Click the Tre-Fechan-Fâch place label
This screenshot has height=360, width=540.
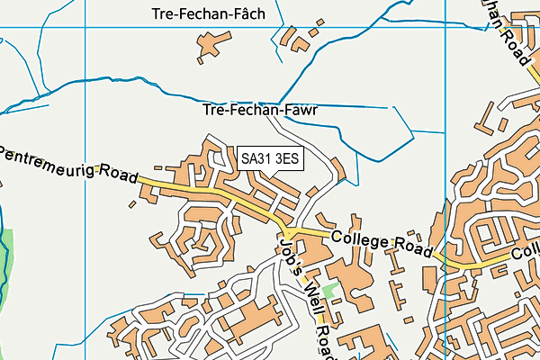coord(209,13)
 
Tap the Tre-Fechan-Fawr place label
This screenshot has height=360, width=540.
coord(261,111)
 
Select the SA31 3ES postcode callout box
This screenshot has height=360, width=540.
coord(270,158)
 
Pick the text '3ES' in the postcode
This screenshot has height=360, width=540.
coord(287,158)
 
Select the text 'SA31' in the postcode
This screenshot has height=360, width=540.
coord(256,158)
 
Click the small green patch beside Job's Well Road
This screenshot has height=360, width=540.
coord(329,292)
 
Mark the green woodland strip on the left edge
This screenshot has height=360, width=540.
coord(7,261)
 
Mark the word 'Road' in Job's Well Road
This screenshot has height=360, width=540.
coord(322,337)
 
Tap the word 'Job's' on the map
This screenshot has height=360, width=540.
coord(289,253)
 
